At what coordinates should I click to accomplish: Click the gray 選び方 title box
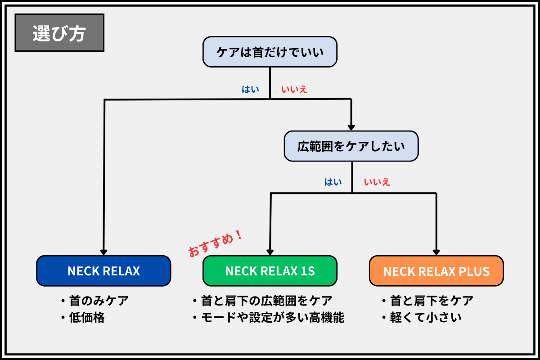pyautogui.click(x=59, y=33)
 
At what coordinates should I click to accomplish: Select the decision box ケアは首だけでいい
pyautogui.click(x=270, y=52)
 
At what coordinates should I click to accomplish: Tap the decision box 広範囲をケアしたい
pyautogui.click(x=351, y=146)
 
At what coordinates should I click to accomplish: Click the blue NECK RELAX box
pyautogui.click(x=103, y=271)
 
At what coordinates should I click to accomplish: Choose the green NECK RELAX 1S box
pyautogui.click(x=270, y=271)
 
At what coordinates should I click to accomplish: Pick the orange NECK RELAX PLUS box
pyautogui.click(x=436, y=271)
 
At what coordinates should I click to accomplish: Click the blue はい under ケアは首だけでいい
pyautogui.click(x=251, y=89)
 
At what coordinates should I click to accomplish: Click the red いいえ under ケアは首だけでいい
pyautogui.click(x=294, y=89)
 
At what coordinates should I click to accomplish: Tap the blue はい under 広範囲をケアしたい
pyautogui.click(x=333, y=182)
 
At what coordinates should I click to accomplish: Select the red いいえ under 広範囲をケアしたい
pyautogui.click(x=377, y=182)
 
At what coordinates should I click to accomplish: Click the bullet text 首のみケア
pyautogui.click(x=99, y=300)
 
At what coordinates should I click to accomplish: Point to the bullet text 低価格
pyautogui.click(x=87, y=318)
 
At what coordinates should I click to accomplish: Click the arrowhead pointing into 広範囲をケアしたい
pyautogui.click(x=351, y=127)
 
